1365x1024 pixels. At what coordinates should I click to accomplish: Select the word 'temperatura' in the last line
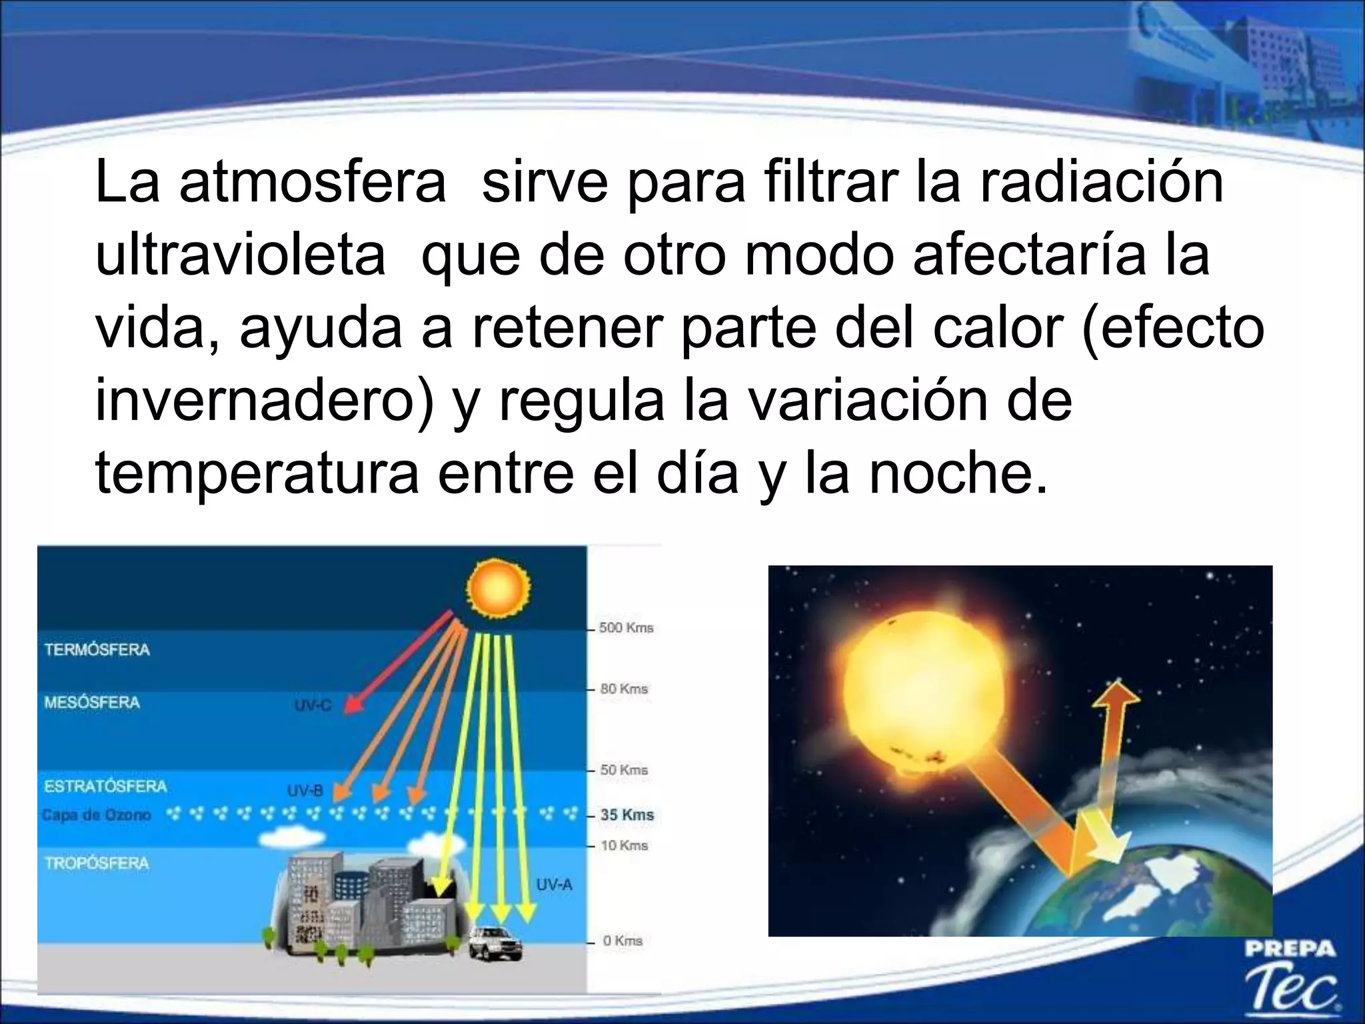(257, 473)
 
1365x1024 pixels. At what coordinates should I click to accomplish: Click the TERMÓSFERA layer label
(97, 649)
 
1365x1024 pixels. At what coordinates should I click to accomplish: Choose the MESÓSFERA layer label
(92, 702)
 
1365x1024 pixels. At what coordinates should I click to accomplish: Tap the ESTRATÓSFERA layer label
(105, 786)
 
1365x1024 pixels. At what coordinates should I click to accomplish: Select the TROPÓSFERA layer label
(97, 863)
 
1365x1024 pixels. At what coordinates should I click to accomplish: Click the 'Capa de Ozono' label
(96, 815)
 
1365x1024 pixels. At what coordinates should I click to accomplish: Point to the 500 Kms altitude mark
(625, 628)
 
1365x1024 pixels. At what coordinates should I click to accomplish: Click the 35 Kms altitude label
(627, 815)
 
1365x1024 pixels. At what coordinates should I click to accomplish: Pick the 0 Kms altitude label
(622, 941)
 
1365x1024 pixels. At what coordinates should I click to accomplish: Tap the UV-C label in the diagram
(313, 705)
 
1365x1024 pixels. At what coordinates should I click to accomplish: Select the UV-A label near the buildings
(554, 885)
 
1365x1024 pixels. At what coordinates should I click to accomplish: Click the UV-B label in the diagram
(305, 791)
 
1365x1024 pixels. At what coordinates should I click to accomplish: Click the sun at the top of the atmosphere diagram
(499, 587)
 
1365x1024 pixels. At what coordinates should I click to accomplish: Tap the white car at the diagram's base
(495, 943)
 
